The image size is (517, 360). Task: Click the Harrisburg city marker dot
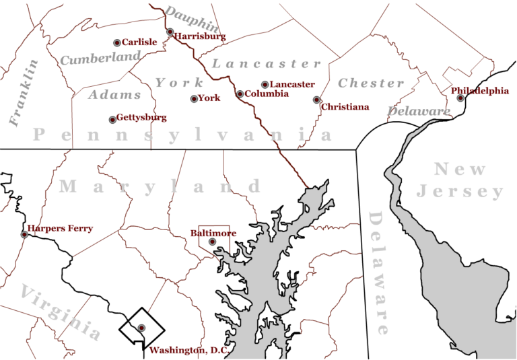170,32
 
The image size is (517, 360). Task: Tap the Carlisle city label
139,42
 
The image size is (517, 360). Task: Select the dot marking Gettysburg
112,120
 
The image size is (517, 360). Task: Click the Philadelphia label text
479,90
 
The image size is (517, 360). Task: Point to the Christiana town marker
316,100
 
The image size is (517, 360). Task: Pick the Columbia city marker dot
240,94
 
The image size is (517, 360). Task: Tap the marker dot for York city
195,99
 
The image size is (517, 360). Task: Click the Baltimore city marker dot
212,242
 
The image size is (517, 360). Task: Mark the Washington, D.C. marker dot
141,328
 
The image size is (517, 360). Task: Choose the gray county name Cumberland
100,59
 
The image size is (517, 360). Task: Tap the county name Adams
114,95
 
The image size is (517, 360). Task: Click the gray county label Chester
371,83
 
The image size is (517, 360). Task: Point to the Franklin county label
24,93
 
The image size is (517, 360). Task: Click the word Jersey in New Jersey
460,192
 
